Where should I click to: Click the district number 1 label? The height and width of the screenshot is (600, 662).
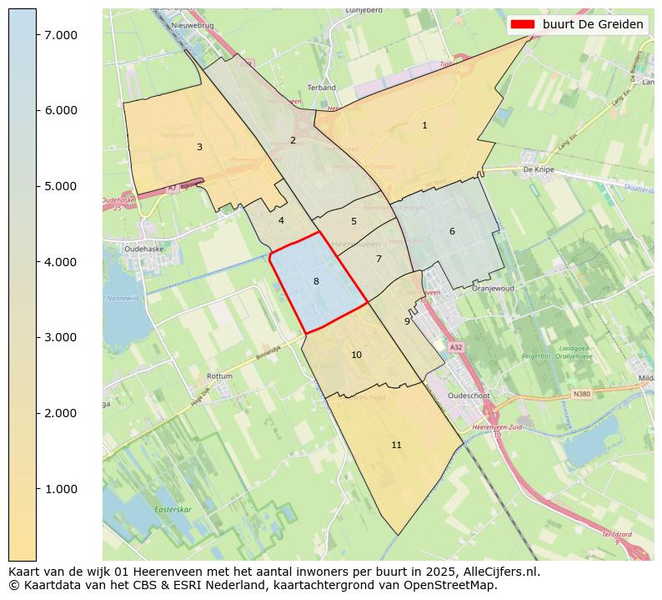click(424, 126)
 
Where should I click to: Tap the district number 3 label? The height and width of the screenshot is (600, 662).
click(199, 148)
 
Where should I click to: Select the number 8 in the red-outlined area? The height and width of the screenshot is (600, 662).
click(316, 282)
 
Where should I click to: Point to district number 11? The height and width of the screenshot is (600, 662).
click(396, 446)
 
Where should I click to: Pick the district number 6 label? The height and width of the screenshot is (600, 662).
click(452, 232)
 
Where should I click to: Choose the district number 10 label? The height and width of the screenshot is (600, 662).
click(356, 355)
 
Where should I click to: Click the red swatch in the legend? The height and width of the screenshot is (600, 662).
click(523, 24)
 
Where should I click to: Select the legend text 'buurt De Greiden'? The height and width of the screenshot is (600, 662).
click(593, 24)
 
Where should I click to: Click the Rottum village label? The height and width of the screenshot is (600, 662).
click(219, 376)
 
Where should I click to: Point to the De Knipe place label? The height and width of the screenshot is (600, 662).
click(539, 169)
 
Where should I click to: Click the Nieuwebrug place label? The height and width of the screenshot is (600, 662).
click(193, 26)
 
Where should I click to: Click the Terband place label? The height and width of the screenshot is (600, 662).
click(321, 88)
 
